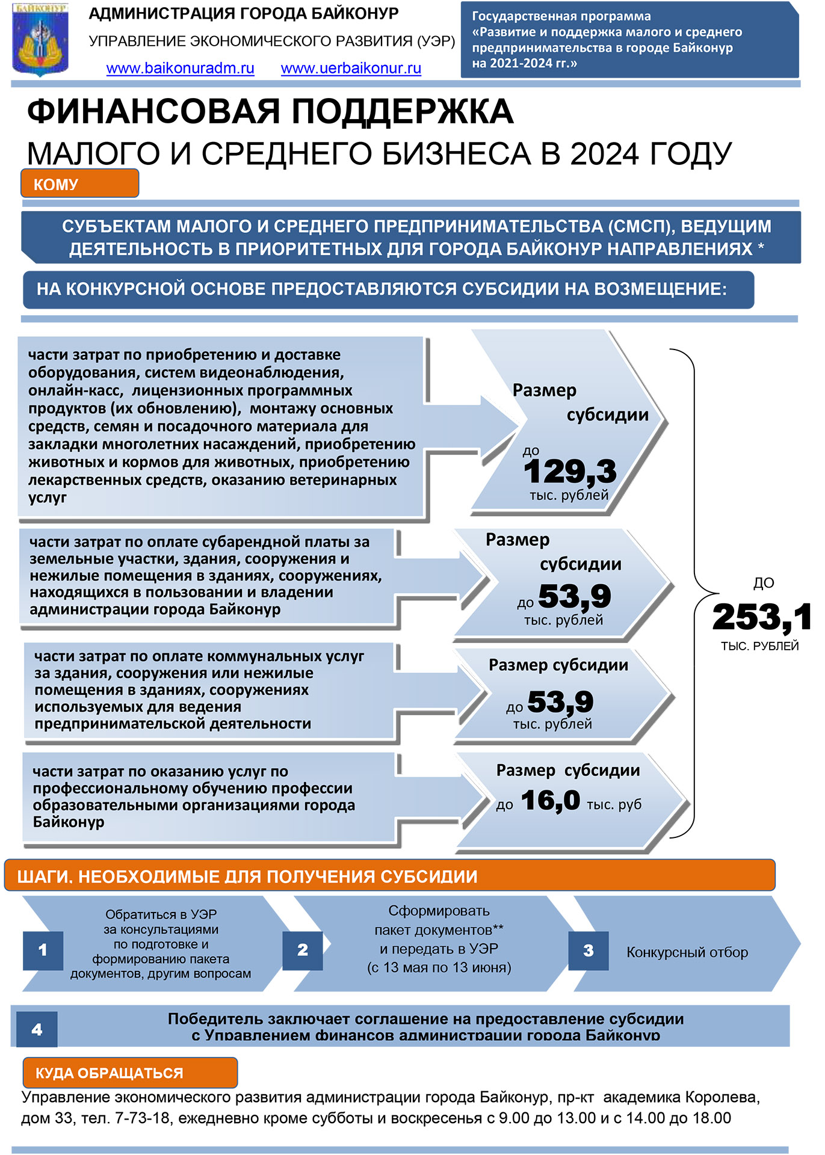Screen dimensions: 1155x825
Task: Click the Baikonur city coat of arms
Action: [x=40, y=40]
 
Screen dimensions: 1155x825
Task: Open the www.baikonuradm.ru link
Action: [x=180, y=68]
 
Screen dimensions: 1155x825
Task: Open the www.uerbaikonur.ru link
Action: [x=351, y=68]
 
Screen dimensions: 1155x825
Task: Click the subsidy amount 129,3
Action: [x=570, y=471]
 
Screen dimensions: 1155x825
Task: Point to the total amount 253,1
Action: [x=761, y=617]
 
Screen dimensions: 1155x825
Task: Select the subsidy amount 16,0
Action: [x=550, y=801]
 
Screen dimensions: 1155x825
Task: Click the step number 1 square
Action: [x=43, y=950]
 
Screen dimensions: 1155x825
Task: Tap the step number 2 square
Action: [x=303, y=950]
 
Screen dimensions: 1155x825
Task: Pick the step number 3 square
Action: [x=589, y=950]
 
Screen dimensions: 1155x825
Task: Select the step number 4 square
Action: [x=37, y=1029]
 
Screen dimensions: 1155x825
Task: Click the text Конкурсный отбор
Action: [x=687, y=952]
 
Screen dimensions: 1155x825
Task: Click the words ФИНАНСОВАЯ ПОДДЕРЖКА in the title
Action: [x=270, y=112]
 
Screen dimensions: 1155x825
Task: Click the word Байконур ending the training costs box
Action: [x=69, y=822]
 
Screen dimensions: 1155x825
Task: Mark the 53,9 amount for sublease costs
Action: [x=574, y=596]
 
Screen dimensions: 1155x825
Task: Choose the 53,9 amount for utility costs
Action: [x=560, y=701]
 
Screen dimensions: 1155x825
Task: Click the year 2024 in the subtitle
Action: [x=604, y=154]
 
